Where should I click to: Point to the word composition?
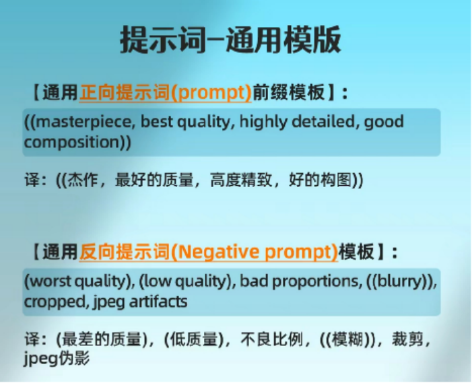click(72, 142)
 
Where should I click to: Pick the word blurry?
click(400, 281)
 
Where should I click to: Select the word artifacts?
click(158, 301)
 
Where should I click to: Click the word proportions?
click(316, 281)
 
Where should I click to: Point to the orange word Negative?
click(218, 252)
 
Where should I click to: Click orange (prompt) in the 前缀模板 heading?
click(211, 92)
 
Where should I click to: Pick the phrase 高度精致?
click(241, 180)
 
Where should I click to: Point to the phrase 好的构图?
click(320, 180)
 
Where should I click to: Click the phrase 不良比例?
click(272, 340)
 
